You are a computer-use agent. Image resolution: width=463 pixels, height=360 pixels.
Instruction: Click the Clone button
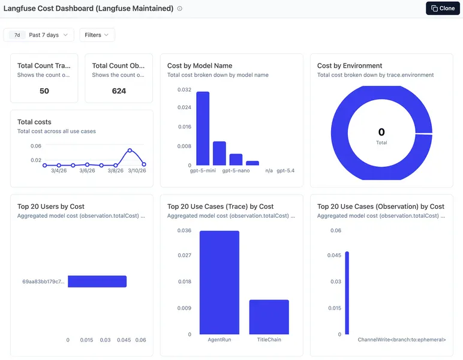pos(443,8)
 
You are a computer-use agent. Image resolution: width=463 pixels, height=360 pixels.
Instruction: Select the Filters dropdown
pos(97,35)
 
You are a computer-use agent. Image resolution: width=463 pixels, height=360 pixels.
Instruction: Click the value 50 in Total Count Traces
pos(44,91)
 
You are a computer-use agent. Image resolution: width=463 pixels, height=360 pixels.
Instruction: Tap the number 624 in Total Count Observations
pos(119,91)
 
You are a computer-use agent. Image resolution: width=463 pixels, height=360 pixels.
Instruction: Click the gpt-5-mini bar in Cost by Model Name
pos(203,128)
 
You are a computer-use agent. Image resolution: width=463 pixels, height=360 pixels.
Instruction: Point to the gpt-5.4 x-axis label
pos(285,171)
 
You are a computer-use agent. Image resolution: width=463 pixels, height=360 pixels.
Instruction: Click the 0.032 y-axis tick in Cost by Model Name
pos(184,89)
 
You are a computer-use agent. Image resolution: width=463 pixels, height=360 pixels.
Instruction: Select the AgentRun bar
pos(220,282)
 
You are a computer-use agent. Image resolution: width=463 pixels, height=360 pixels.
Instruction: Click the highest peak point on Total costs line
pos(130,150)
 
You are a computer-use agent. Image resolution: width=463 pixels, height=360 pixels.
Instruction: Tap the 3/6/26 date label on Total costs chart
pos(87,171)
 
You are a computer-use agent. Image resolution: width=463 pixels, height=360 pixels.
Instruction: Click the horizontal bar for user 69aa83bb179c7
pos(97,281)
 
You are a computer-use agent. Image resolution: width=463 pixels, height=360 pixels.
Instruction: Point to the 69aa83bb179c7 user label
pos(43,281)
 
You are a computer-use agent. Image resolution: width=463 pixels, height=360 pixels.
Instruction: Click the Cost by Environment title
pos(349,65)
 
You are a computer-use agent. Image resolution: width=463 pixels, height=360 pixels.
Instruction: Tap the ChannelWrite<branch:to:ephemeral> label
pos(401,340)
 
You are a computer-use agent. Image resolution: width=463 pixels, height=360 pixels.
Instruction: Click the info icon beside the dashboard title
pos(180,9)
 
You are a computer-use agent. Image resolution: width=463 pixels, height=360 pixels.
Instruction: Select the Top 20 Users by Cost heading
pos(51,206)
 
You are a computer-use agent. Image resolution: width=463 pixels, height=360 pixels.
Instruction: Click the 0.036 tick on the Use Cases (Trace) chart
pos(184,230)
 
